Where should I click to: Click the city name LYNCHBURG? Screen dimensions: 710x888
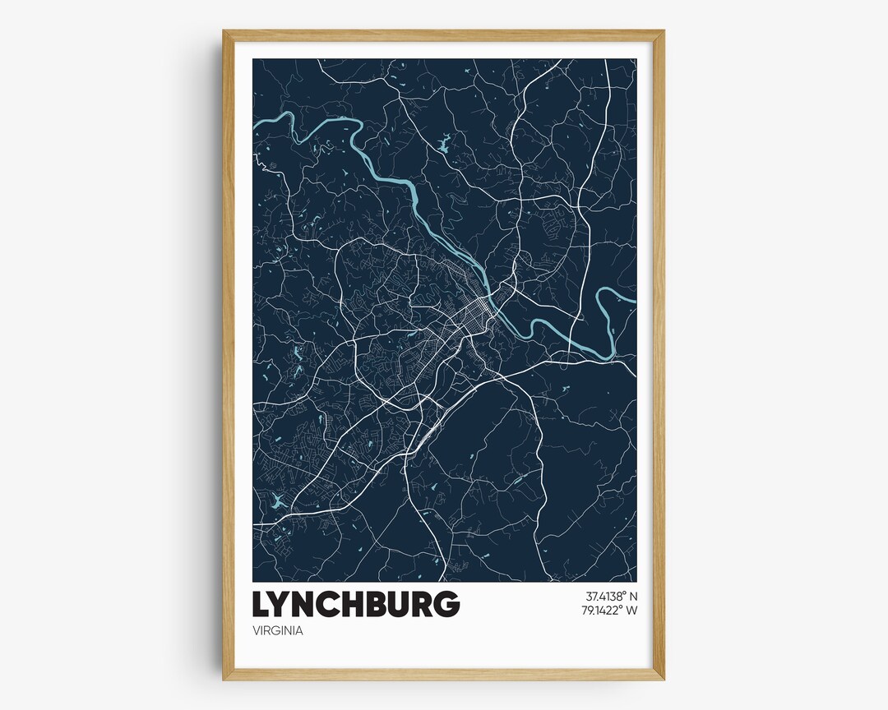point(355,604)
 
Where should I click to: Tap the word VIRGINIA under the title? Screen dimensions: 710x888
point(279,631)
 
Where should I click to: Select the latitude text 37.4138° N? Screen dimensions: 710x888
point(611,596)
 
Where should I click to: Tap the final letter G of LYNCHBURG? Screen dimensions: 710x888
point(446,604)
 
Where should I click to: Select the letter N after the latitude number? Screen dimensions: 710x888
point(633,596)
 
